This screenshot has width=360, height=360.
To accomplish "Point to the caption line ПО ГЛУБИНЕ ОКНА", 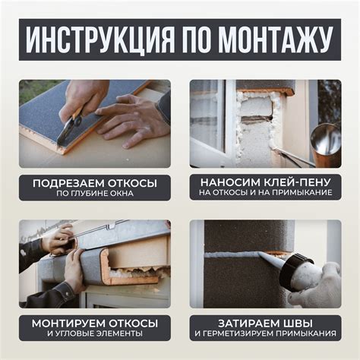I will [95, 193].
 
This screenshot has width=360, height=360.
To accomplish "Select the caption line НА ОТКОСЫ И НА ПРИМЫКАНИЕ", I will [265, 193].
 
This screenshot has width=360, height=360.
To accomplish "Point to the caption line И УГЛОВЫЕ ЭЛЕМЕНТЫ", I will [95, 333].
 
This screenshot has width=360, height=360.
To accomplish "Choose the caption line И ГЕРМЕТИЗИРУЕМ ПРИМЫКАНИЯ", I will [265, 333].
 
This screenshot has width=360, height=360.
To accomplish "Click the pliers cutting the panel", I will [70, 126].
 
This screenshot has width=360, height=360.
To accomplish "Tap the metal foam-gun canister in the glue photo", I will [326, 144].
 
